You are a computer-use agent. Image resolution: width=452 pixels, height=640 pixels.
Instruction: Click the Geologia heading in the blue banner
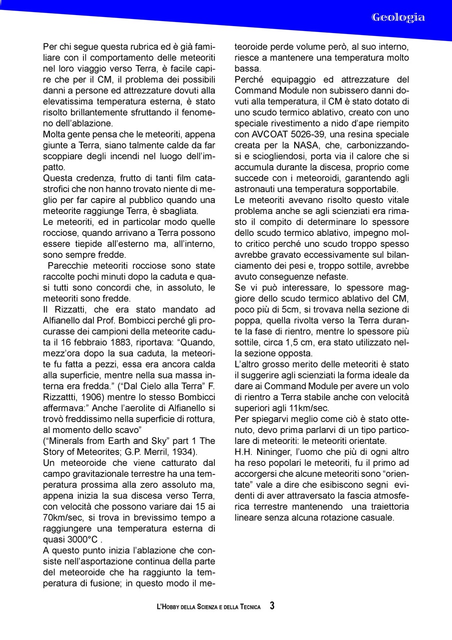pos(398,17)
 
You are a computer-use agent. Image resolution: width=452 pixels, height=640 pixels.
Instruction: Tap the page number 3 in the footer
pos(272,606)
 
